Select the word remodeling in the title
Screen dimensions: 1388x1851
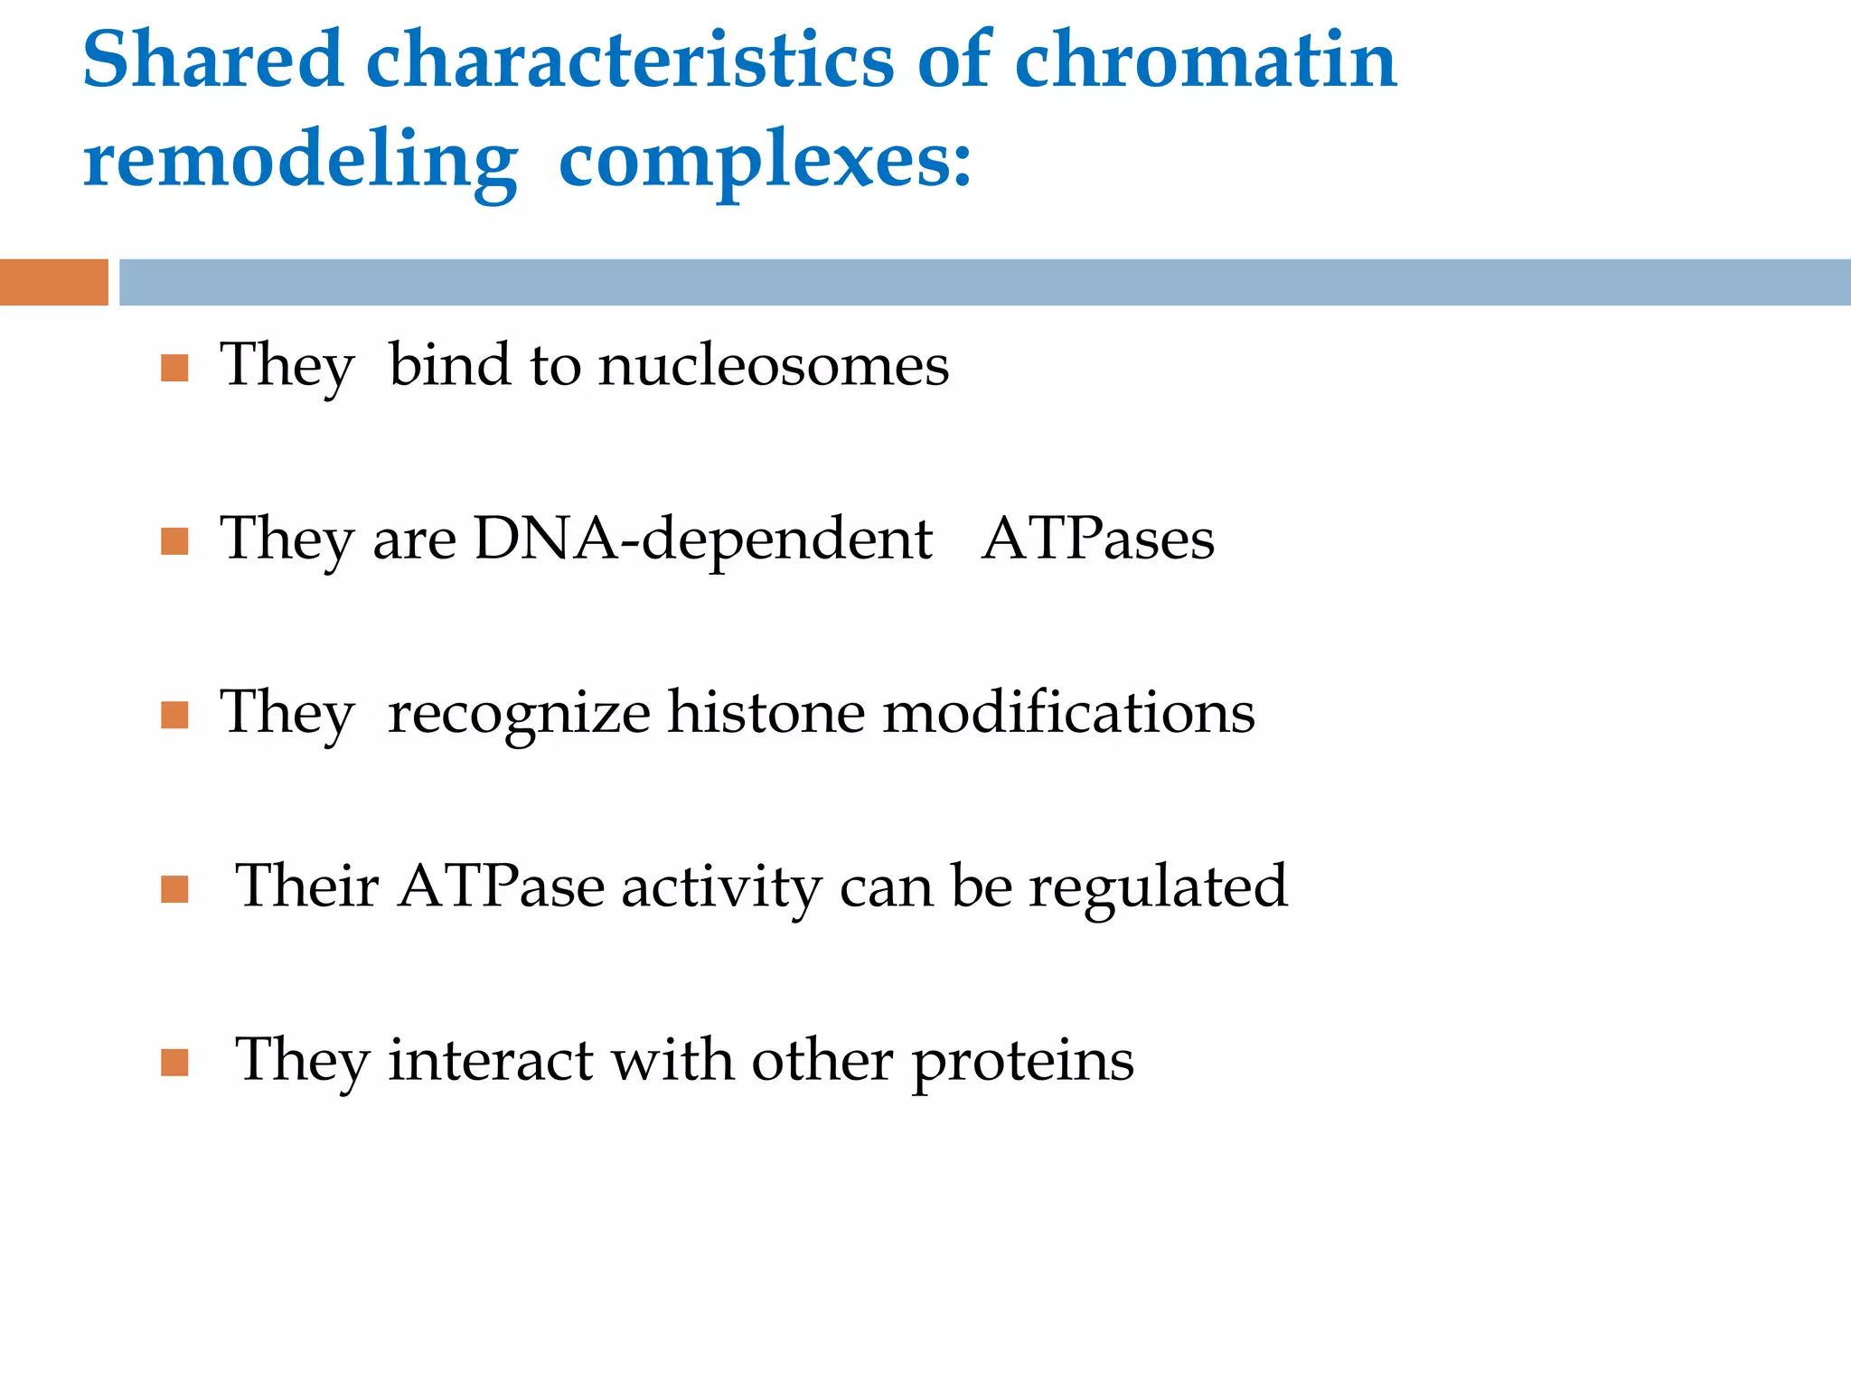coord(300,161)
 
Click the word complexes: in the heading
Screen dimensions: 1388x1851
coord(765,161)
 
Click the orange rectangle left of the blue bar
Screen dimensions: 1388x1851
coord(53,282)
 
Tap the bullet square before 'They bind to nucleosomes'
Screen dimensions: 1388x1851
coord(174,368)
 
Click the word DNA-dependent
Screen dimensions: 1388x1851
coord(703,539)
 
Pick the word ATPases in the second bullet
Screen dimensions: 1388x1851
coord(1097,539)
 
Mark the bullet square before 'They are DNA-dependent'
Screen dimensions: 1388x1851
coord(174,541)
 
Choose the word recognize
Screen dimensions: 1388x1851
coord(519,714)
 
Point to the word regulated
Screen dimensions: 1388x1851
coord(1158,887)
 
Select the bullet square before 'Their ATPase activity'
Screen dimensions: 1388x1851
coord(174,889)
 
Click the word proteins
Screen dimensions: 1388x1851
coord(1022,1061)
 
